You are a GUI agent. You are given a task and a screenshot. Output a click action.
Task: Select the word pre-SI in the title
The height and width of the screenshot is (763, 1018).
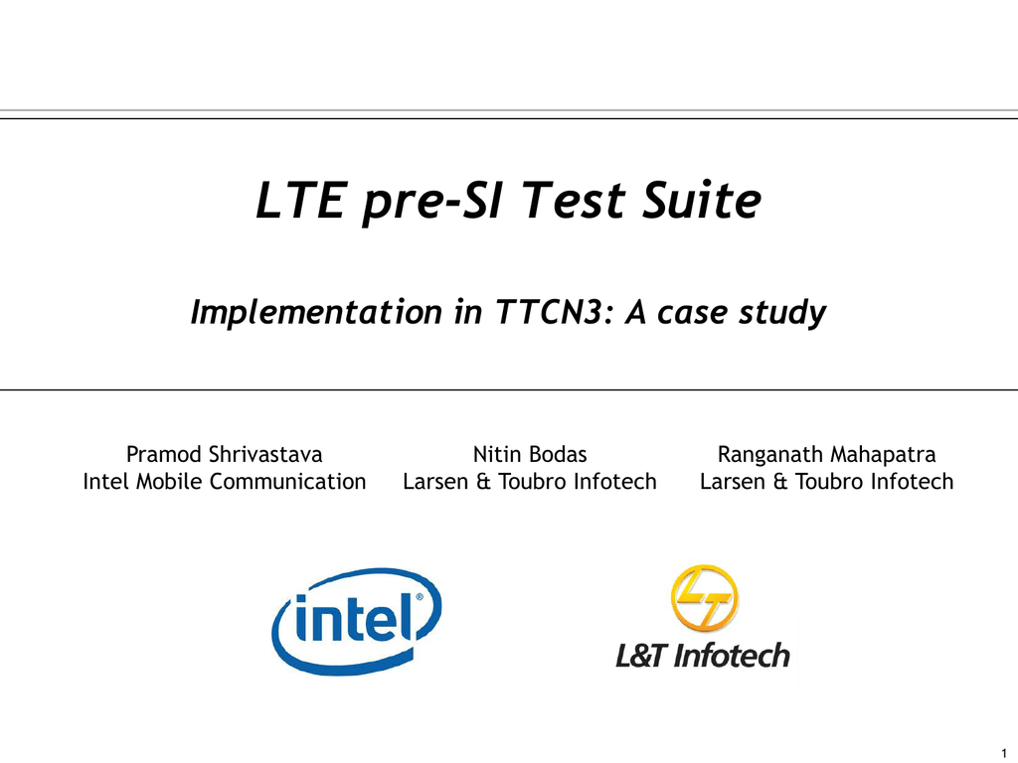click(431, 203)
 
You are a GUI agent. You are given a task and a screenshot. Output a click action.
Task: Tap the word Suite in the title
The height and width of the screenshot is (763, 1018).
click(702, 200)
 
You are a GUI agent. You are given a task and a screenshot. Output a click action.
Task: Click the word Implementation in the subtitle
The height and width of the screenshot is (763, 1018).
click(316, 313)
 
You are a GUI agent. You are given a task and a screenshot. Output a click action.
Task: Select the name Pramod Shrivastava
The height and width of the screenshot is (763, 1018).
click(224, 454)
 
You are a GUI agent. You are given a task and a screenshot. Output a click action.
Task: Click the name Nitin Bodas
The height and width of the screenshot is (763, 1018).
click(530, 454)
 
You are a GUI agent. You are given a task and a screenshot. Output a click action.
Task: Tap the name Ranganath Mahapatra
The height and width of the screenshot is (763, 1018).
click(826, 455)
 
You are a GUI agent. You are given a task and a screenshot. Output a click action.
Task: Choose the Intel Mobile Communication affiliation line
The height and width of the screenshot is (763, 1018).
click(224, 482)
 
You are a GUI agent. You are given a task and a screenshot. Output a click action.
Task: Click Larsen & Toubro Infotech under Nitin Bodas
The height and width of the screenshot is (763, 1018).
click(530, 482)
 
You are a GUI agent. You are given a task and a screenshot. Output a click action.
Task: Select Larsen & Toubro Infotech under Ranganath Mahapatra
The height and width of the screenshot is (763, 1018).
click(826, 482)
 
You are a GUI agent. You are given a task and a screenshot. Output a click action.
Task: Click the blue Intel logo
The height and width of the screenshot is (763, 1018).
click(357, 621)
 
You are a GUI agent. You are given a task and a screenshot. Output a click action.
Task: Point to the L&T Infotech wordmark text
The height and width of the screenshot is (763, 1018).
click(703, 656)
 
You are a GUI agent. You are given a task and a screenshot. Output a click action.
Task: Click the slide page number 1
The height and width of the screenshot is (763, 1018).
click(1004, 753)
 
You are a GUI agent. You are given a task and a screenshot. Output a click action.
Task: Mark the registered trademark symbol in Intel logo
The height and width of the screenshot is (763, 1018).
click(420, 597)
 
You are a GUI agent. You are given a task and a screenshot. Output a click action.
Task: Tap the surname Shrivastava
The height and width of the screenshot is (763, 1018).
click(265, 454)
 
